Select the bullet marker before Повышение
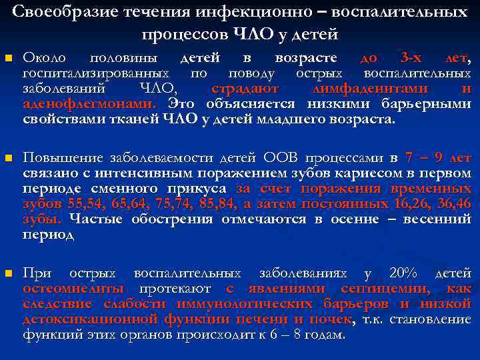pos(8,159)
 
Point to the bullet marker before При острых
pos(8,273)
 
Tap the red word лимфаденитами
pos(360,89)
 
